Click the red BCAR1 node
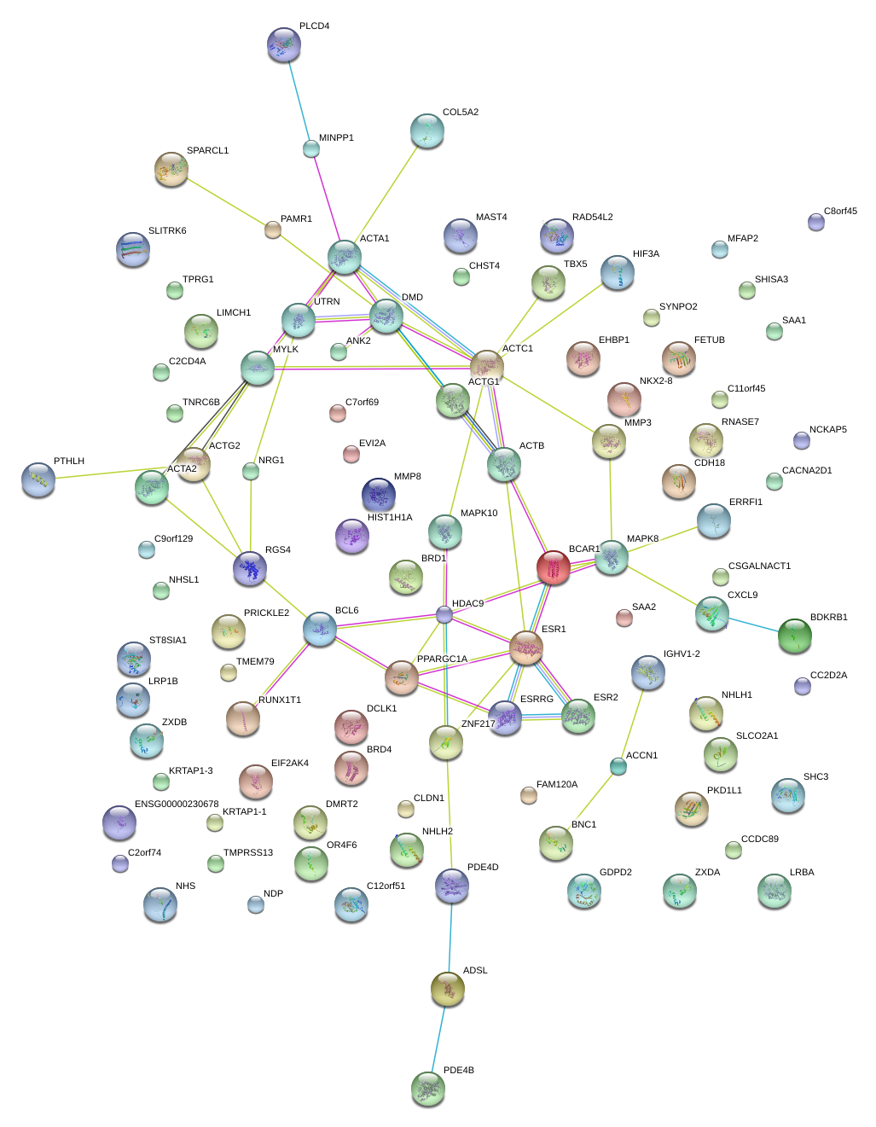553,566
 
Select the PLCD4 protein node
284,44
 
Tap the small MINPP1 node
311,148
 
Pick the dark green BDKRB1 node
795,636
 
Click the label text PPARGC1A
442,659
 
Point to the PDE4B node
428,1089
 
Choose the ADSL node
448,989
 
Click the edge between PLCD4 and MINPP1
298,101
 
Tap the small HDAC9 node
444,614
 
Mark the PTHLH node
38,479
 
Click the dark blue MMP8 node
379,494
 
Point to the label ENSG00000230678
177,804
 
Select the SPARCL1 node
171,169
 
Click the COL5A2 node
427,131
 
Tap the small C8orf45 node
816,222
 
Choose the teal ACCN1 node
618,766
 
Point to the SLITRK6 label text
167,230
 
